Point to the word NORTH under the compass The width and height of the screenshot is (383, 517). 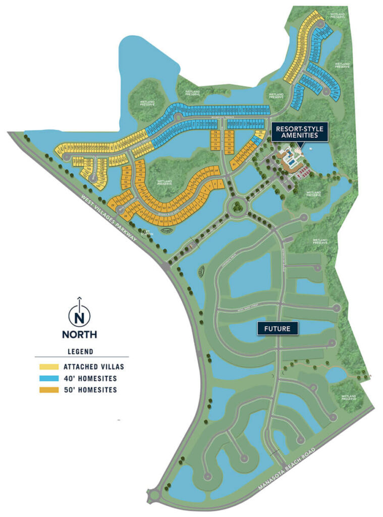79,334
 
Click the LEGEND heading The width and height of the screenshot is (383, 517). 79,351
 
